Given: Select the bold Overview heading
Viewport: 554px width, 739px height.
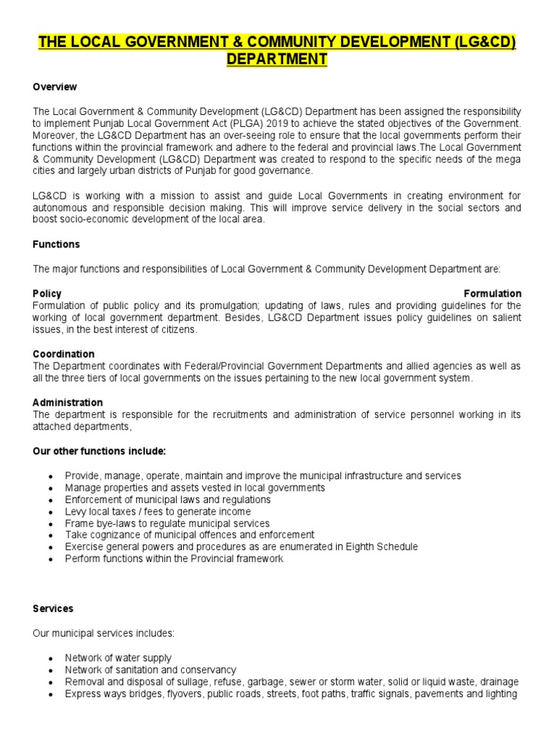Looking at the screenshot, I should (55, 87).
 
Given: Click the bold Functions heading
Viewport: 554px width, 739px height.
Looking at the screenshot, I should (56, 245).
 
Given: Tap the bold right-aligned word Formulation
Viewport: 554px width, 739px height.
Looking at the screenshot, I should (492, 294).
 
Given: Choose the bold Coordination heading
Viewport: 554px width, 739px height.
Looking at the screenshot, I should (63, 354).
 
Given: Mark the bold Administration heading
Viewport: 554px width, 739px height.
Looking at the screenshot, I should (68, 403).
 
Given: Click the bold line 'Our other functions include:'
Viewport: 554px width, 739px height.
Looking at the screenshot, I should (100, 451).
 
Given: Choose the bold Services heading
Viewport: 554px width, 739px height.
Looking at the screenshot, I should (53, 609).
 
